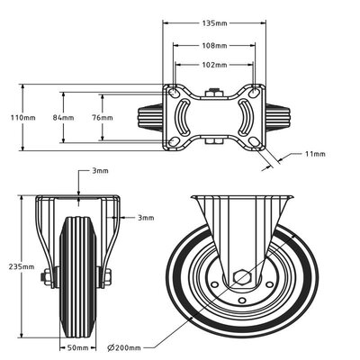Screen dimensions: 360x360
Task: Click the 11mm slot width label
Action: pyautogui.click(x=314, y=155)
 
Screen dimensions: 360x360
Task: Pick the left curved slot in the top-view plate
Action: pyautogui.click(x=184, y=117)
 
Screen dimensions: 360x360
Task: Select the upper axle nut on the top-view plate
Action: pyautogui.click(x=212, y=91)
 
